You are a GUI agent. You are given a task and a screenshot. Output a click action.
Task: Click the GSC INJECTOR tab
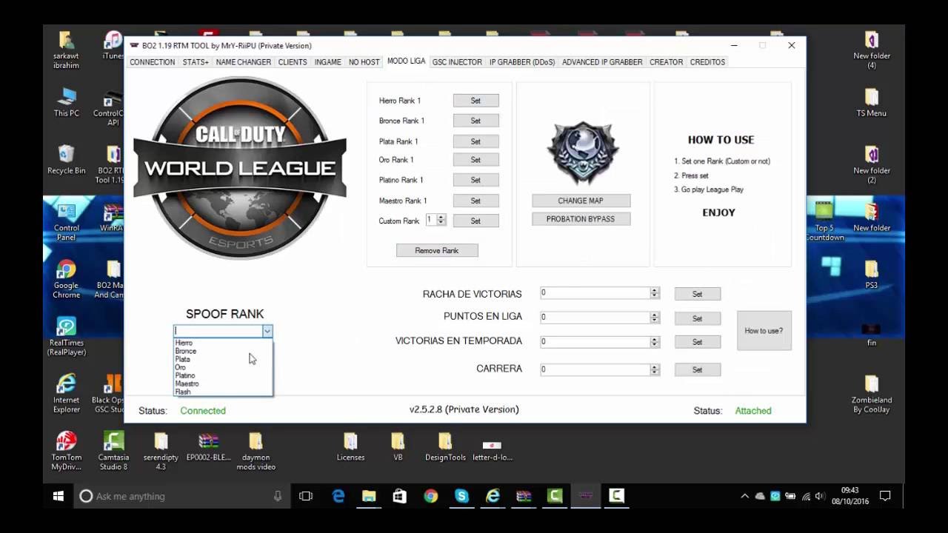click(x=457, y=62)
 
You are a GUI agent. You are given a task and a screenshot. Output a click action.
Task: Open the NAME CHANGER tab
click(x=243, y=62)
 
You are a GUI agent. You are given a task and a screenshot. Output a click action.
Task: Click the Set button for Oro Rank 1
click(x=475, y=160)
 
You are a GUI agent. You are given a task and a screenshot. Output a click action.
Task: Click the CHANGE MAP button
click(x=581, y=201)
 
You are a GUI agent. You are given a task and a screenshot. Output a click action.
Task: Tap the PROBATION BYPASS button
click(x=581, y=219)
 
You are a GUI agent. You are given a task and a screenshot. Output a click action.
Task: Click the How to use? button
click(x=764, y=331)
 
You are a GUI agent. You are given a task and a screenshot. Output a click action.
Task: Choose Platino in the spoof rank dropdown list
click(x=185, y=375)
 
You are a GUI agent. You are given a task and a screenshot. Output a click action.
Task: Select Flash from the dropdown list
click(x=183, y=392)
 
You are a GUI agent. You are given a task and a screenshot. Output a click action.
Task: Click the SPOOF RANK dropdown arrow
click(x=267, y=331)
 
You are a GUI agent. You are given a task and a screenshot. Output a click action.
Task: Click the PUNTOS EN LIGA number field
click(x=595, y=318)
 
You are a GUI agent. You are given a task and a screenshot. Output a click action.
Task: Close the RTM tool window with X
click(x=791, y=45)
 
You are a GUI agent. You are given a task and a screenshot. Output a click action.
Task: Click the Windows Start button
click(x=59, y=496)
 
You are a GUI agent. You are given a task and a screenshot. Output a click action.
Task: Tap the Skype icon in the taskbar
click(x=462, y=496)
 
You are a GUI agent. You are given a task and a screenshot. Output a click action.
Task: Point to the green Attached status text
click(x=752, y=411)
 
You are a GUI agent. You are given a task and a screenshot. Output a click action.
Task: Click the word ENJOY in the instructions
click(x=718, y=212)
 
